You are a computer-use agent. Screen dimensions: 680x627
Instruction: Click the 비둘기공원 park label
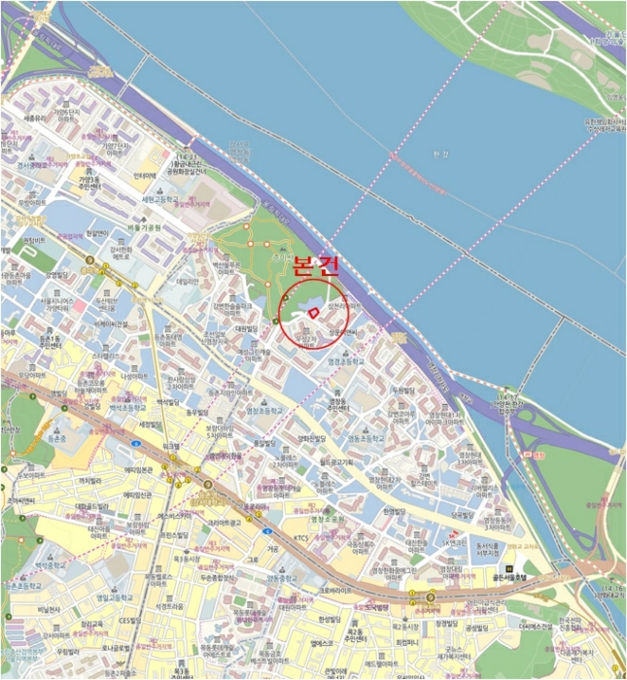127,228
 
